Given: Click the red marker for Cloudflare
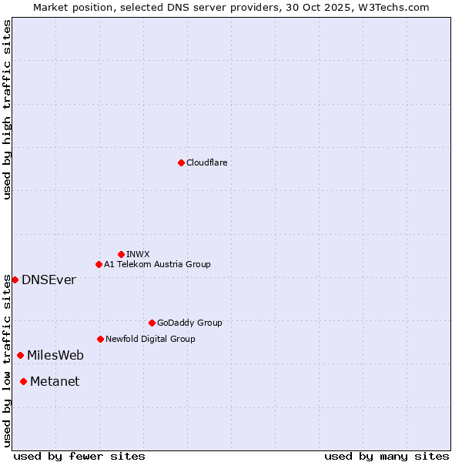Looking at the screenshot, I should [x=181, y=162].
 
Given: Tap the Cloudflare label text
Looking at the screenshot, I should [x=206, y=162].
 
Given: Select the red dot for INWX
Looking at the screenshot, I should [x=121, y=254].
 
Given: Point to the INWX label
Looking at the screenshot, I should [x=138, y=254].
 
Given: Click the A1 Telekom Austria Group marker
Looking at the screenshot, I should [x=99, y=264].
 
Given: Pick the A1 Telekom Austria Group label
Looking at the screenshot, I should [x=157, y=264].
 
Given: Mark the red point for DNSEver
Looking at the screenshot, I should [x=15, y=280].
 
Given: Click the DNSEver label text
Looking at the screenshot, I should [x=49, y=280].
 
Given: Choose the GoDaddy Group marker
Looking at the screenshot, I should [x=152, y=323].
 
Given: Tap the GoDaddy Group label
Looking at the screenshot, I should [x=189, y=323].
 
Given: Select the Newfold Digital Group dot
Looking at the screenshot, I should [x=100, y=339].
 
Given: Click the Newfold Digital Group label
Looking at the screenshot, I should [x=150, y=339].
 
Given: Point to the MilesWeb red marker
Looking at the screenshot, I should [x=20, y=355].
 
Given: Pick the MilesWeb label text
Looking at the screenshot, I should [x=55, y=355].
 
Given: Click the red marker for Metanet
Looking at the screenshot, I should [x=23, y=381].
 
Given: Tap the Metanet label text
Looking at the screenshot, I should [x=55, y=381].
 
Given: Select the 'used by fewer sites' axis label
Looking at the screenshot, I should [x=79, y=456].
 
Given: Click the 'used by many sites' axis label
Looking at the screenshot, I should [x=387, y=456].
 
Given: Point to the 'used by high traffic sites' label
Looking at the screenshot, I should [x=7, y=109].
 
